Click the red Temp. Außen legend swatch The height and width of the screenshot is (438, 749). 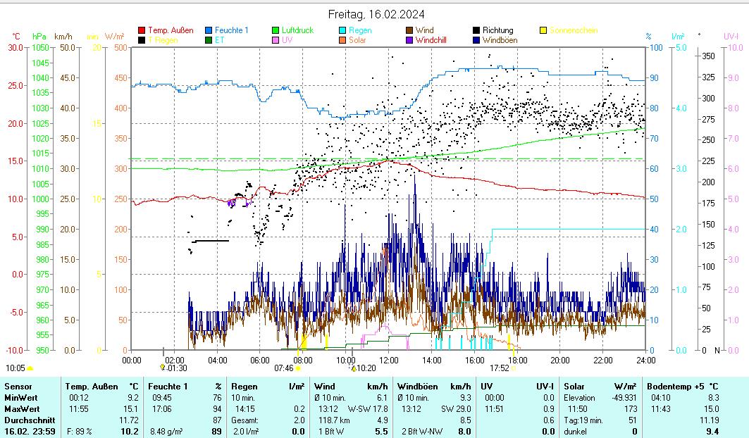tap(142, 30)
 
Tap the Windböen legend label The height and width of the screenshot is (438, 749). tap(500, 40)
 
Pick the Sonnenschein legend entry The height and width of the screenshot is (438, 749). tap(573, 30)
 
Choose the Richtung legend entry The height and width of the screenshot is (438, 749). tap(497, 30)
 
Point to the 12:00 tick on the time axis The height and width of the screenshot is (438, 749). tap(388, 360)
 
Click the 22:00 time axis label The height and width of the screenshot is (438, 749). tap(602, 360)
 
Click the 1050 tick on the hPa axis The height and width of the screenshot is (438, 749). tap(39, 47)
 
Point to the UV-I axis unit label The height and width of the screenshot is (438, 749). tap(731, 36)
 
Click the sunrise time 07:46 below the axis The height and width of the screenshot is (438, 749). tap(283, 368)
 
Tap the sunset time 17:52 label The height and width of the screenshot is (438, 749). tap(500, 368)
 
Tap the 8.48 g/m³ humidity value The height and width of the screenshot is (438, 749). tap(166, 432)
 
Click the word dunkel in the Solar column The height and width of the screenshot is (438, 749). tap(576, 432)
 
